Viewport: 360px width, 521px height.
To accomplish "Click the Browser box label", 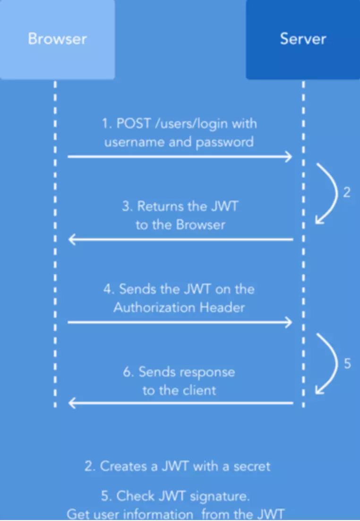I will pyautogui.click(x=57, y=38).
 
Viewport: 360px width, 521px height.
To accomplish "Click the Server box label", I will pyautogui.click(x=303, y=38).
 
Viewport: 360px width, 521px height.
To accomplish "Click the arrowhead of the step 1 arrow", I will pyautogui.click(x=289, y=156).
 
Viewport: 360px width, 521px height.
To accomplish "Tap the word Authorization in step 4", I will pyautogui.click(x=148, y=307).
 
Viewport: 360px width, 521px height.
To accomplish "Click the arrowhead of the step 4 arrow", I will pyautogui.click(x=289, y=322).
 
